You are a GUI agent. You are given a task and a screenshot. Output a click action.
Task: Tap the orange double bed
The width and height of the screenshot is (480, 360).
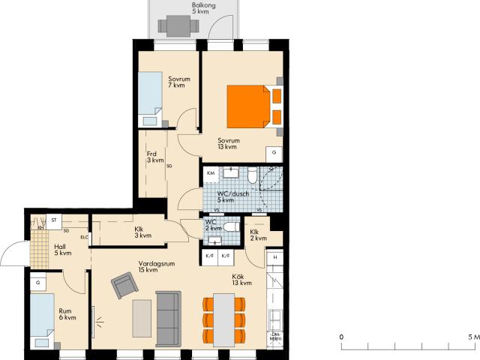[x=248, y=106]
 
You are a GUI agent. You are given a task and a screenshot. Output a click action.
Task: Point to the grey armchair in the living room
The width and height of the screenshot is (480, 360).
[x=124, y=285]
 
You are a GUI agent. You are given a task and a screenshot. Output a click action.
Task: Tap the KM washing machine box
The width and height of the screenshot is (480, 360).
[x=211, y=173]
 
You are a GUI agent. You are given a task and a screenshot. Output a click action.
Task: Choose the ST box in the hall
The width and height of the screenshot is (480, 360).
[x=54, y=221]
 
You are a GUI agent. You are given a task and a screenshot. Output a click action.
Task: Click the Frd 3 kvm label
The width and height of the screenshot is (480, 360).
[x=155, y=157]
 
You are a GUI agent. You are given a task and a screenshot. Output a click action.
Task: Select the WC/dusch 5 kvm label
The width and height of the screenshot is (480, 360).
[x=233, y=196]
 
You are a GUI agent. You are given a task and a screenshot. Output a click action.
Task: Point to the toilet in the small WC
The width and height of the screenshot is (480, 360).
[x=232, y=226]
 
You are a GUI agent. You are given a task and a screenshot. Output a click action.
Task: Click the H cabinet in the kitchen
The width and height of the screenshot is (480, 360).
[x=275, y=257]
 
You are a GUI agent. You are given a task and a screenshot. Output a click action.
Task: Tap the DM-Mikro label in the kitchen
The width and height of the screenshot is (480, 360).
[x=275, y=337]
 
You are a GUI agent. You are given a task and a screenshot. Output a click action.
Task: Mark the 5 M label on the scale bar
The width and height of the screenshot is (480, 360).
[x=474, y=337]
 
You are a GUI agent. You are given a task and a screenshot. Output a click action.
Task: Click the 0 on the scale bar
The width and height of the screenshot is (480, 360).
[x=341, y=337]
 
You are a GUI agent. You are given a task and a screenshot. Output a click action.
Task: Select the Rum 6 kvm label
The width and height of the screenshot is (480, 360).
[x=67, y=314]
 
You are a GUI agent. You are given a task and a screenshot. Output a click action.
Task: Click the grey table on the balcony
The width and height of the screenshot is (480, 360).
[x=178, y=26]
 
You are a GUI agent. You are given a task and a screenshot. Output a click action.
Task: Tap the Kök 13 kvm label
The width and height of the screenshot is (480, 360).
[x=241, y=280]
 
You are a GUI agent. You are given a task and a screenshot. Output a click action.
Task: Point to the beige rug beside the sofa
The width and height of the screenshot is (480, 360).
[x=142, y=319]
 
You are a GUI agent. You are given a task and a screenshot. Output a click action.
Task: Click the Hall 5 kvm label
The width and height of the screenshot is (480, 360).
[x=63, y=250]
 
